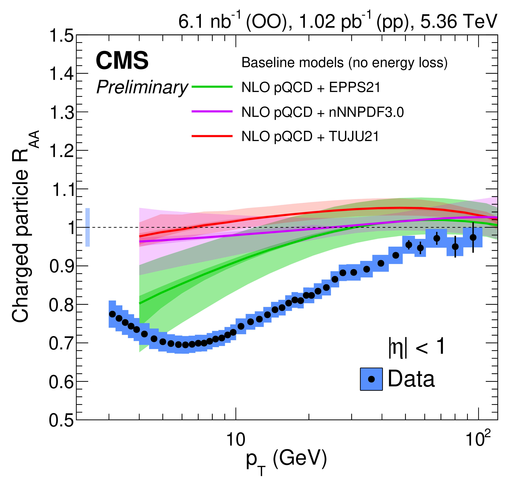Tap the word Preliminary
pyautogui.click(x=142, y=87)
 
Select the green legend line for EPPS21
pyautogui.click(x=212, y=87)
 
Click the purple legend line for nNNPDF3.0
pyautogui.click(x=212, y=111)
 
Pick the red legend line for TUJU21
pyautogui.click(x=212, y=136)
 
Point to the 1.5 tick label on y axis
pyautogui.click(x=61, y=36)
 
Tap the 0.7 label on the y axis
pyautogui.click(x=61, y=343)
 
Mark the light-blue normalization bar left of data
pyautogui.click(x=88, y=227)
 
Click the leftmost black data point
pyautogui.click(x=112, y=314)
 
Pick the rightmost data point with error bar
pyautogui.click(x=473, y=237)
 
